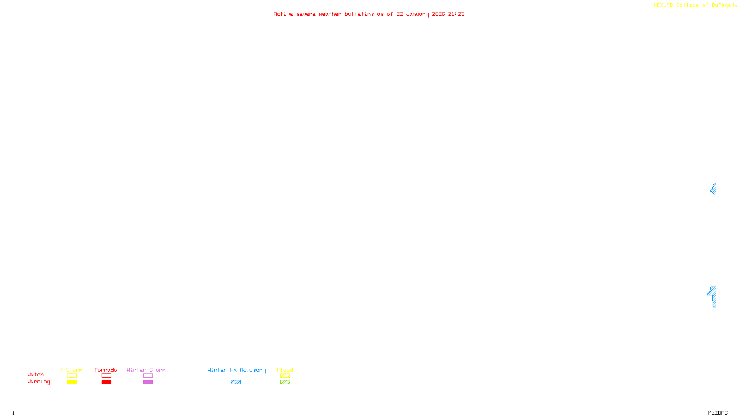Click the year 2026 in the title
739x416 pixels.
click(438, 14)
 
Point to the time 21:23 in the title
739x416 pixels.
click(456, 14)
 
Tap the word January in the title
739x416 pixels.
click(417, 14)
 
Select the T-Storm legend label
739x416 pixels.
click(71, 370)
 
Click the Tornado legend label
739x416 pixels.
click(106, 370)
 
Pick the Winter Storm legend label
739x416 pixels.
click(146, 370)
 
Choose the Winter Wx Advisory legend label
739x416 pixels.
click(236, 370)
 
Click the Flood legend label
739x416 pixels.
click(285, 370)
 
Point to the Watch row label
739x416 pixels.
click(36, 375)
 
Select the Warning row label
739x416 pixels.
click(38, 382)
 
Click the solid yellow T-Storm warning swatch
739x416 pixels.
click(72, 382)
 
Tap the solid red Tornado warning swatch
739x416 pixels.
click(106, 382)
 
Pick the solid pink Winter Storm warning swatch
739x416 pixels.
click(148, 382)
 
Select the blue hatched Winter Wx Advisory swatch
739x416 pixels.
click(236, 382)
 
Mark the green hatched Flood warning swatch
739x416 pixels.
click(285, 382)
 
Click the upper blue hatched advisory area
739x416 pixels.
click(714, 189)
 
